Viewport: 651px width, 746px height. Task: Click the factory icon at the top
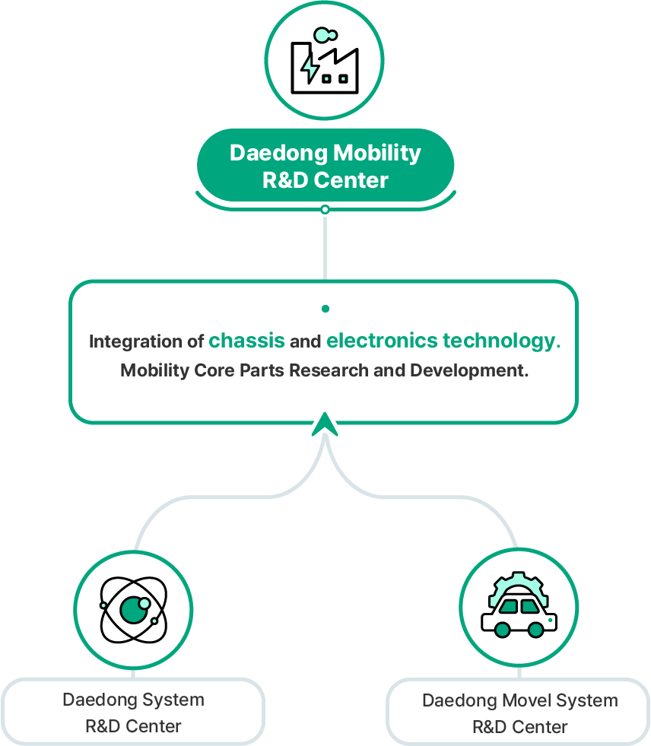point(325,61)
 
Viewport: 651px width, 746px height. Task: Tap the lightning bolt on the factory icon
point(310,67)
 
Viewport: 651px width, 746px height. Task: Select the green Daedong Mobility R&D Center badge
point(325,167)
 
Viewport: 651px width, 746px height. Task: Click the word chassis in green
point(247,341)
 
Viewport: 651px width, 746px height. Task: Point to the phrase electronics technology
point(441,341)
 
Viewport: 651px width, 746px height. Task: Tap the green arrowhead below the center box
point(325,424)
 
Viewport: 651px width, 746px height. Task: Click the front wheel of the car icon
point(502,630)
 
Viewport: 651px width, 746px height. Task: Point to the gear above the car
point(519,585)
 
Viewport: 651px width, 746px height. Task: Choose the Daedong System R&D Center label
point(133,713)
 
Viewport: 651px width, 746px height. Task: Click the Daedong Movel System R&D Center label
point(519,713)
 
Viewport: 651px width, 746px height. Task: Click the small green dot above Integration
point(325,309)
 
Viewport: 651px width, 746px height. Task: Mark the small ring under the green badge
point(325,209)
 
